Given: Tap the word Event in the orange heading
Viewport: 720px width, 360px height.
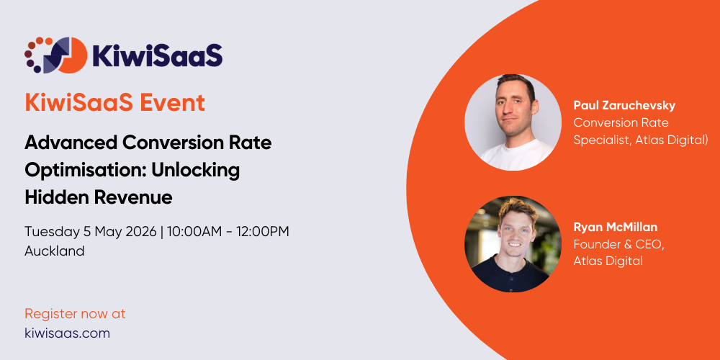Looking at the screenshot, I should click(172, 102).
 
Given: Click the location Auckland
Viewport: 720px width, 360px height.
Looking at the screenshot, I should click(55, 251).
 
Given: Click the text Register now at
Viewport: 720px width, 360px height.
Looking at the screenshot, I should click(75, 314).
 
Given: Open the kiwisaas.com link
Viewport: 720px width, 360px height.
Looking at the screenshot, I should click(67, 333).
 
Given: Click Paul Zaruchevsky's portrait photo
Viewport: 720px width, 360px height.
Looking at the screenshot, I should click(513, 121).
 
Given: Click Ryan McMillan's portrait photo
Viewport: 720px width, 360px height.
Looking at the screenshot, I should click(513, 243).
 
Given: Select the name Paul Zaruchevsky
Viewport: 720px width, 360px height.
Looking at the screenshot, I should click(624, 106).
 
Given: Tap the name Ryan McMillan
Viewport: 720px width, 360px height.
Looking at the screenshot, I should click(615, 228).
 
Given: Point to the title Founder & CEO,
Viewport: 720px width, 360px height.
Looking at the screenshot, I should click(618, 244).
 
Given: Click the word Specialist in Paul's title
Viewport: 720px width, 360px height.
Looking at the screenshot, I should click(602, 140).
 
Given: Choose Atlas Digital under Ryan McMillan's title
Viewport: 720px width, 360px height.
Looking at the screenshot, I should click(608, 261).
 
